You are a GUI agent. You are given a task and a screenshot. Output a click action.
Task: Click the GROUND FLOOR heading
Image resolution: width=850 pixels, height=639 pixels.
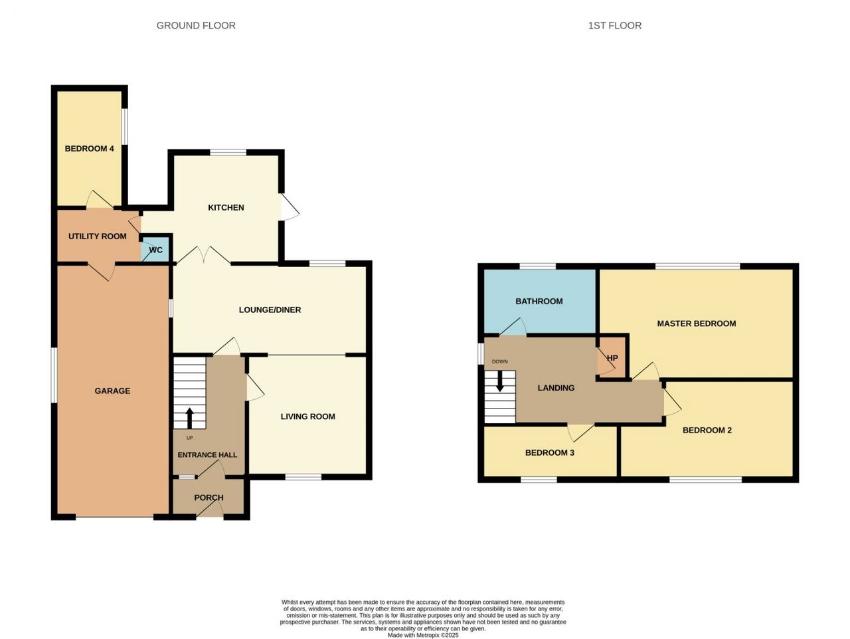(196, 25)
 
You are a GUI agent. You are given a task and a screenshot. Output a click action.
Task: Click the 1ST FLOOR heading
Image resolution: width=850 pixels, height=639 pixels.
(614, 25)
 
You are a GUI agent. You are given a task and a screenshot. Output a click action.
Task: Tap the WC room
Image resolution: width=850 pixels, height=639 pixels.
(155, 249)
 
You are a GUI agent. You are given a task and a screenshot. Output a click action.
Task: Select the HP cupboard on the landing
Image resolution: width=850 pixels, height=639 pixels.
(612, 357)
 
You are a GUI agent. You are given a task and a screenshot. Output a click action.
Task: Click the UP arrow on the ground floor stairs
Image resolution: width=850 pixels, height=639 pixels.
(190, 418)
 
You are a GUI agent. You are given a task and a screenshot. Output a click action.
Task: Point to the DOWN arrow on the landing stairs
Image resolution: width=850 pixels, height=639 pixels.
(500, 381)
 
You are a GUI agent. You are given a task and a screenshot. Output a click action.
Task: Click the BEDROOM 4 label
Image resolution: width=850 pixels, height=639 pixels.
(90, 149)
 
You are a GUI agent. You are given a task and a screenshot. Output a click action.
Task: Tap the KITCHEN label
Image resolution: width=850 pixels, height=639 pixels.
(226, 208)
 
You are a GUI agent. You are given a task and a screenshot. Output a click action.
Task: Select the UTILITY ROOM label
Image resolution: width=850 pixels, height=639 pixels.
(98, 236)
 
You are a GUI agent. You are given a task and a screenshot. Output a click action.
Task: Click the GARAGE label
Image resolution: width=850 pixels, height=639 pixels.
(112, 391)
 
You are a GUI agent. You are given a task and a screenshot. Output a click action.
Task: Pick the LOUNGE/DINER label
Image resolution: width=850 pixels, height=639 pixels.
(270, 310)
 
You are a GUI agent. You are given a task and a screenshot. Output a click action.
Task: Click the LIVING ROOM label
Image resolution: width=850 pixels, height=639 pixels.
(308, 416)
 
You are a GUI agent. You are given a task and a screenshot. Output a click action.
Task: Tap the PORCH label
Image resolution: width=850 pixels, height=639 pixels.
(209, 498)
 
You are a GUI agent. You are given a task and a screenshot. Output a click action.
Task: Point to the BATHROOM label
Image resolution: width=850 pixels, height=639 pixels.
(539, 302)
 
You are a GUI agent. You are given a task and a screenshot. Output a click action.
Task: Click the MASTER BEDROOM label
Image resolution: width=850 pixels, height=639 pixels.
(697, 323)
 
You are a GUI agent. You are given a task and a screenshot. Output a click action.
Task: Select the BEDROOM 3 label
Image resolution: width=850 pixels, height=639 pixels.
(550, 453)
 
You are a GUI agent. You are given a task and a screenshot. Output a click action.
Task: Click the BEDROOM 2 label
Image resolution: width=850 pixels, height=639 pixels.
(707, 430)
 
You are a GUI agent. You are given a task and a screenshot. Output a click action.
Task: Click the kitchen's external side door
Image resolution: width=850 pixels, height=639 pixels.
(289, 207)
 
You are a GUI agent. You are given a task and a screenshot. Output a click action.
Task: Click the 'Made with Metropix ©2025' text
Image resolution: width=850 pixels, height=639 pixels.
(423, 636)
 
